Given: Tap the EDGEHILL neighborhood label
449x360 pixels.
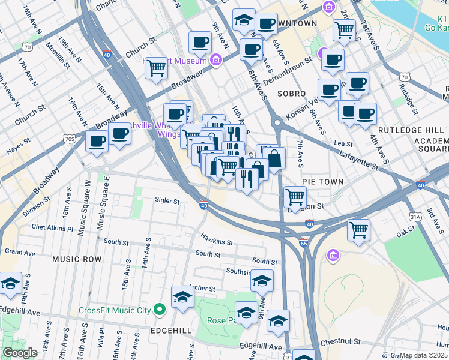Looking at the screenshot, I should (x=170, y=331).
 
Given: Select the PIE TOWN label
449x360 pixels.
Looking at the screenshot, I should (x=322, y=181).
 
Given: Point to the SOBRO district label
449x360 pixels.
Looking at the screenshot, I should (x=292, y=94).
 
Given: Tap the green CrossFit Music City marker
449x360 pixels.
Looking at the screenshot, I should (x=159, y=310).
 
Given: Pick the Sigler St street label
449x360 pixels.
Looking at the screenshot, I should (x=167, y=201).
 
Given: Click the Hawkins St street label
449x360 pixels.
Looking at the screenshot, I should (x=217, y=239).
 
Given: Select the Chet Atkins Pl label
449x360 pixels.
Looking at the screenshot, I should (x=52, y=229).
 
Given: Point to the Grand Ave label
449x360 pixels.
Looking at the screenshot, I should (x=20, y=252).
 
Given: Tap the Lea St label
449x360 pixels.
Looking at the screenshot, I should (x=343, y=143).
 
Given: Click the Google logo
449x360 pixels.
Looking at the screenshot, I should (x=20, y=353).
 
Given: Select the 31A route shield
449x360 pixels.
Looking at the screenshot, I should (x=414, y=216).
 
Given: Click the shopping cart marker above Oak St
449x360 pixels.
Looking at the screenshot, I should (x=358, y=230).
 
